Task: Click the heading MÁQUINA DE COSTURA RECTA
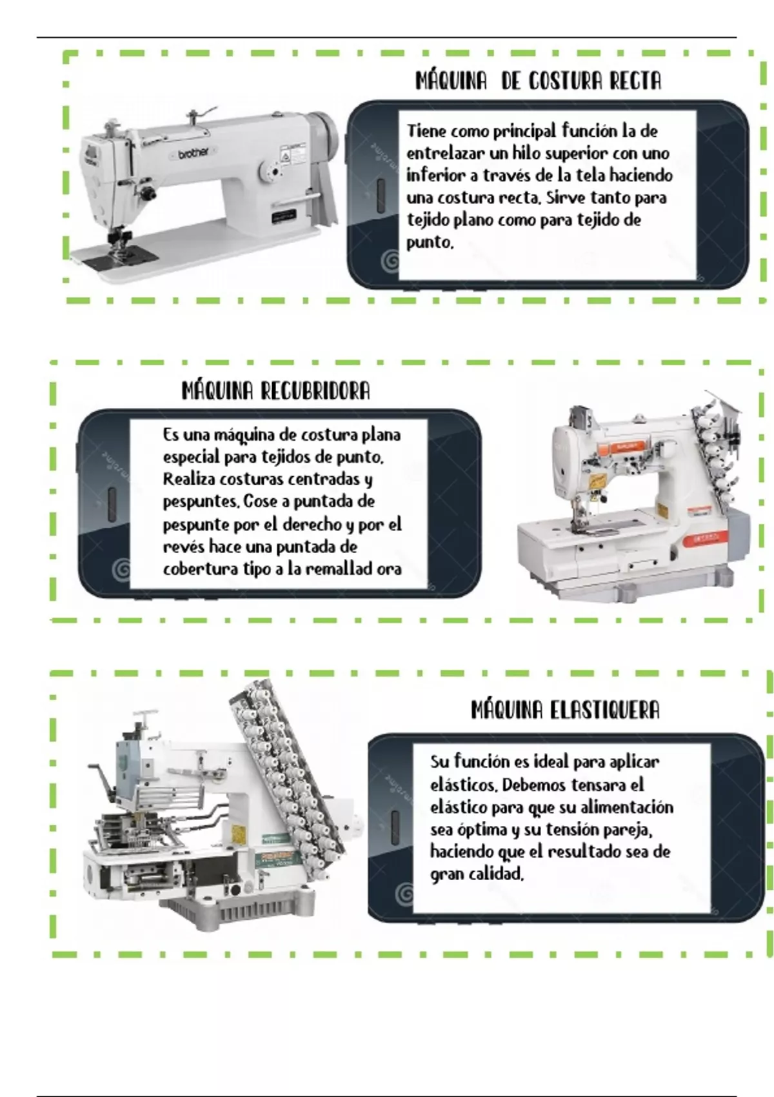(538, 81)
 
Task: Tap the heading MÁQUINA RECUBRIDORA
(275, 390)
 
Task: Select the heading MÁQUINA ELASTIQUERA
(566, 710)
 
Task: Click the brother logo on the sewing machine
(193, 153)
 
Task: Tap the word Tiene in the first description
(426, 131)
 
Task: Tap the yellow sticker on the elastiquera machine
(239, 833)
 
